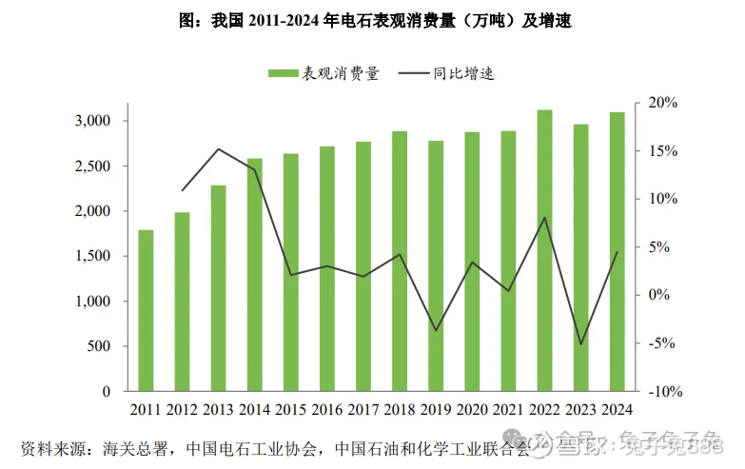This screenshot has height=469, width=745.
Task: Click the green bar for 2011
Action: [x=146, y=310]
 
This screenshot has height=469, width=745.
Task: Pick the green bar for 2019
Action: [x=436, y=265]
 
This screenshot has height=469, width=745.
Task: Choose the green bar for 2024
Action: [x=618, y=251]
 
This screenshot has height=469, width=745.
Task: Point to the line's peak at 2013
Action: [x=218, y=148]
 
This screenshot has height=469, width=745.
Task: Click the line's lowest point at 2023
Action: [x=581, y=344]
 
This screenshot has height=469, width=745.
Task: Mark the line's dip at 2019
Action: [x=436, y=330]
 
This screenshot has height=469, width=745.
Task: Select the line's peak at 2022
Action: [x=545, y=218]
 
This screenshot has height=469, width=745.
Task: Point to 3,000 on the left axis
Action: [x=93, y=121]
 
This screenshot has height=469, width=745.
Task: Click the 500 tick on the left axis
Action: [x=100, y=346]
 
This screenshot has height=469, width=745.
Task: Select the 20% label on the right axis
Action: [x=662, y=103]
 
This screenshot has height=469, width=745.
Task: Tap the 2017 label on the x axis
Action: [x=363, y=411]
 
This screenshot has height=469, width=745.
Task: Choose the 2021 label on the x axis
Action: [x=508, y=411]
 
